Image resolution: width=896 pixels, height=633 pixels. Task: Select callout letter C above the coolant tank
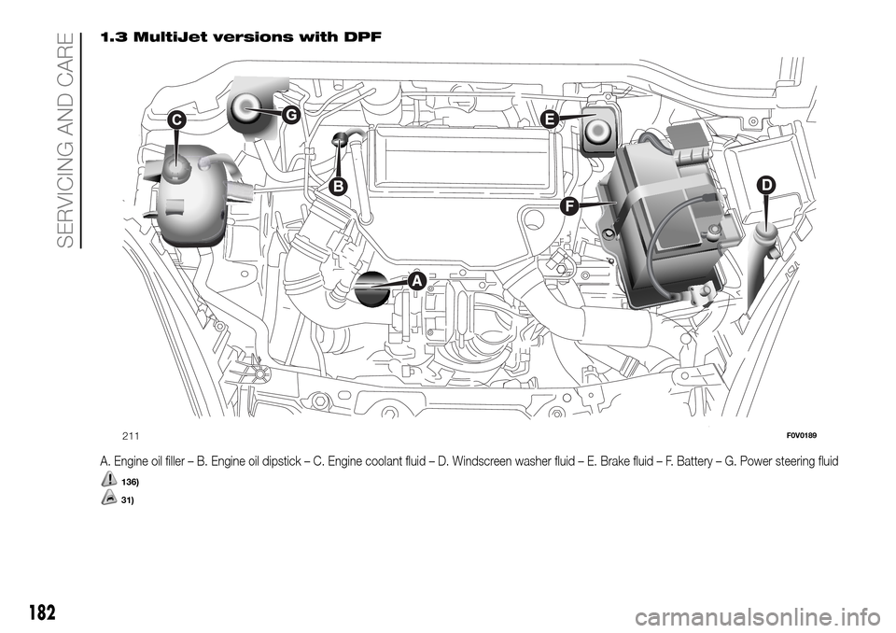click(177, 120)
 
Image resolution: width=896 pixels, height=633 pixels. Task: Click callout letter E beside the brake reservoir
click(549, 120)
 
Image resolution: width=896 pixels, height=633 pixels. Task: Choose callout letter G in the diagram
click(290, 114)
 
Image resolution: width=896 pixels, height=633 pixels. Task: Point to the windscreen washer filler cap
click(767, 228)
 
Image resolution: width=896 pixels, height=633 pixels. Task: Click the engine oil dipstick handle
click(342, 140)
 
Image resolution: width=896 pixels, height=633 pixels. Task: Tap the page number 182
click(40, 613)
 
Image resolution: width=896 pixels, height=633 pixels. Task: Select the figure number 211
click(131, 435)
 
